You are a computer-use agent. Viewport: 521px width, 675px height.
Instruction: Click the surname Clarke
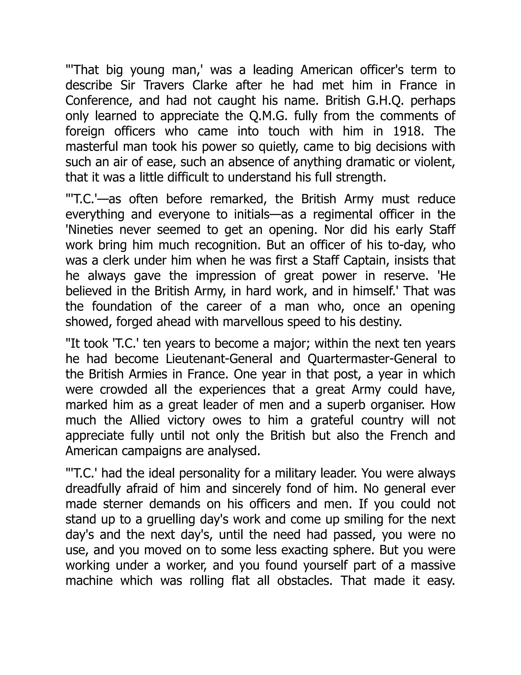coord(210,85)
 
